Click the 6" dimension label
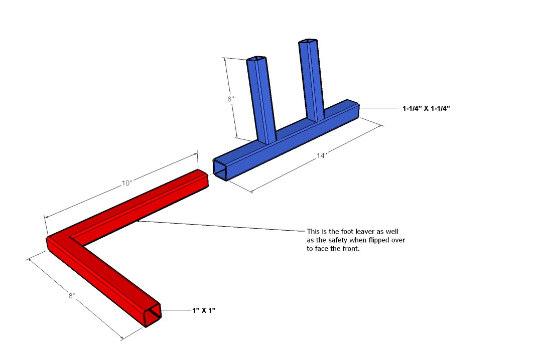click(x=231, y=99)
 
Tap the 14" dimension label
click(x=322, y=155)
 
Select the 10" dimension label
click(x=127, y=183)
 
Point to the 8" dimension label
click(x=72, y=296)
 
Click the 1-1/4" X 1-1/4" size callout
click(x=426, y=108)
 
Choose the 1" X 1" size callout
click(x=204, y=310)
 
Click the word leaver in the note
click(x=365, y=231)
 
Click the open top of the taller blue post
click(x=308, y=41)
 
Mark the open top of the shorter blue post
click(x=256, y=59)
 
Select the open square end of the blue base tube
click(x=220, y=169)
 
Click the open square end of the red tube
click(x=153, y=315)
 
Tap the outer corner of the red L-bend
click(x=47, y=239)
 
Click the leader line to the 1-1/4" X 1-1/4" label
click(x=379, y=108)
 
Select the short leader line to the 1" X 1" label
click(x=176, y=310)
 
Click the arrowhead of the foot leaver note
click(x=139, y=220)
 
